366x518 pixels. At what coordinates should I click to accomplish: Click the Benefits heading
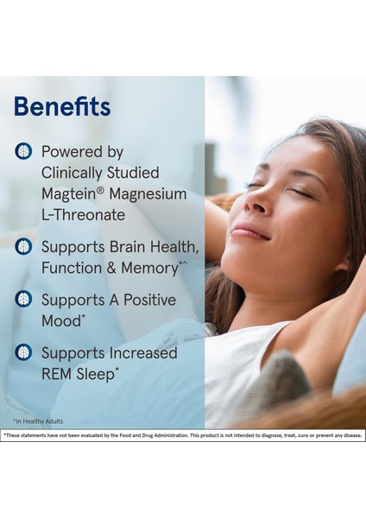[x=62, y=107]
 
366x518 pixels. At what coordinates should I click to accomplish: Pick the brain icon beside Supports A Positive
[x=23, y=300]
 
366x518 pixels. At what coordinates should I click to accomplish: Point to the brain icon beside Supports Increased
[x=23, y=352]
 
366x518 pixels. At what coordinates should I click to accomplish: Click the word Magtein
[x=68, y=194]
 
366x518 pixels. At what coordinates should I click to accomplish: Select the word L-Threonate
[x=83, y=215]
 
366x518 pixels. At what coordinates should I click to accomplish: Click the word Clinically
[x=77, y=173]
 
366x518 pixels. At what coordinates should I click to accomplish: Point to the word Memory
[x=148, y=268]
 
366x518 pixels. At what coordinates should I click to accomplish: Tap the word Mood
[x=63, y=320]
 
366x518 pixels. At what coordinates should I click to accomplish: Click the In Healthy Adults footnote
[x=38, y=421]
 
